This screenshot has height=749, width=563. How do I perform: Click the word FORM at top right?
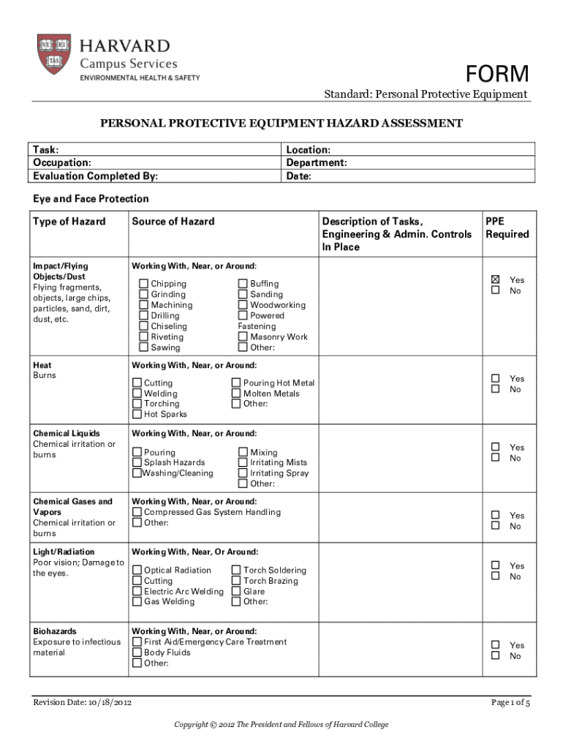point(497,74)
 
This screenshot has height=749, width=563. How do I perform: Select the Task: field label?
point(46,150)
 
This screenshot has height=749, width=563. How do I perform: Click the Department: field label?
point(316,163)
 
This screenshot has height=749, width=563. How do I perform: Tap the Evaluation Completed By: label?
point(95,176)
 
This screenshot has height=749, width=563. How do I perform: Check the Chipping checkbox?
point(144,284)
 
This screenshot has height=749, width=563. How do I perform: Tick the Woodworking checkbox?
point(243,305)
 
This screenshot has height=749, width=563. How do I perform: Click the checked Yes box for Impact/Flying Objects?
point(496,279)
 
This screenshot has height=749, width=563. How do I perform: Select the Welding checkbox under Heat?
point(137,394)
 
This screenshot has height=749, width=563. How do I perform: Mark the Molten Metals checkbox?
point(236,394)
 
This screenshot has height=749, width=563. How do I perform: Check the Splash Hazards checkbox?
point(137,462)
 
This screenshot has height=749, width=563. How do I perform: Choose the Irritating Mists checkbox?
point(243,462)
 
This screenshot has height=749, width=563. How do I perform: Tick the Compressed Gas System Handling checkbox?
point(137,512)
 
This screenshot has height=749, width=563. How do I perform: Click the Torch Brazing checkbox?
point(236,581)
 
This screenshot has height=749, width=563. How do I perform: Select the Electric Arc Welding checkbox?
point(137,591)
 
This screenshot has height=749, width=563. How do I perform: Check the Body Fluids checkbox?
point(137,652)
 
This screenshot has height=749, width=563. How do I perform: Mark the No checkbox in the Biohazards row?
point(496,656)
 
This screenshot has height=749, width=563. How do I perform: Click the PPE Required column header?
point(506,227)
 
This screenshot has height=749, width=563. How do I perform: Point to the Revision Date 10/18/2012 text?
point(82,703)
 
